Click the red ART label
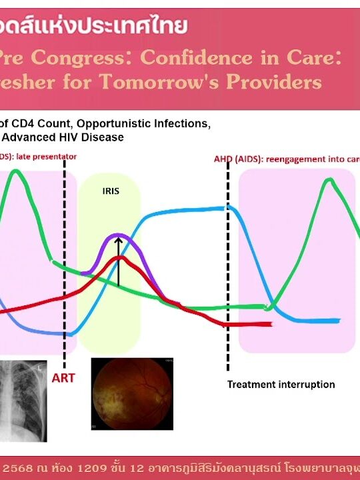point(63,379)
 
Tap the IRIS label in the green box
point(111,190)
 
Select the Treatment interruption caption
point(281,385)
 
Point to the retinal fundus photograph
point(132,395)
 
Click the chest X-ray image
point(23,400)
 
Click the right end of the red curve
point(269,324)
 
